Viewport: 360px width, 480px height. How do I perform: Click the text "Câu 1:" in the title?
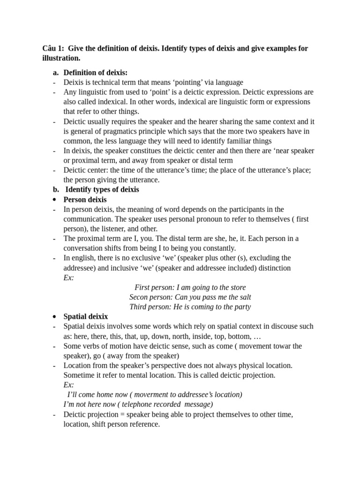[x=53, y=49]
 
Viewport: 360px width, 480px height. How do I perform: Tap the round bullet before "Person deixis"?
[x=55, y=200]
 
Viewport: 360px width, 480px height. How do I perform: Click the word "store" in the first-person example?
[x=237, y=287]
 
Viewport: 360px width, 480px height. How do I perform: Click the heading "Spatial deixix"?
[x=86, y=316]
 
